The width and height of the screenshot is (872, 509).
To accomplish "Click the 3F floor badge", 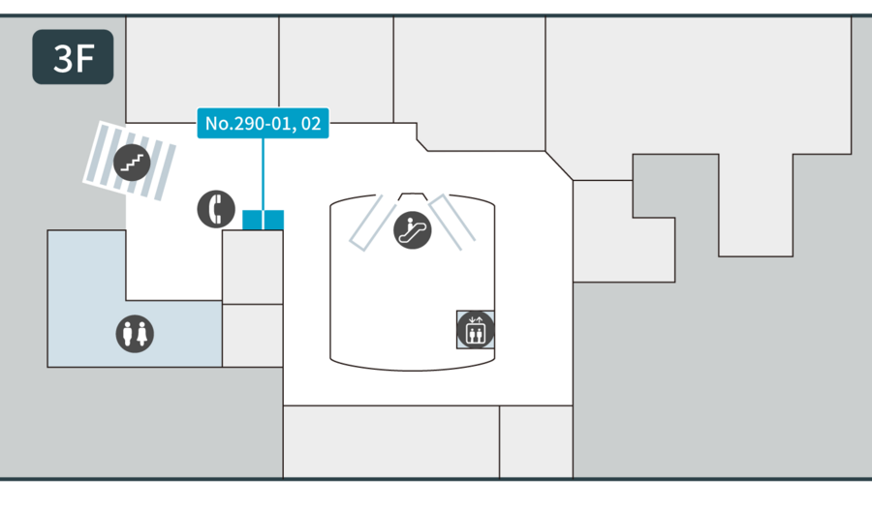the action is pyautogui.click(x=73, y=57).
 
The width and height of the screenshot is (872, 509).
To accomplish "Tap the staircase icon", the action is pyautogui.click(x=132, y=163).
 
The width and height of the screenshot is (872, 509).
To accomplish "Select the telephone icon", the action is pyautogui.click(x=216, y=209).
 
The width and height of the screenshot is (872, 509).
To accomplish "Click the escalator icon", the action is pyautogui.click(x=413, y=230).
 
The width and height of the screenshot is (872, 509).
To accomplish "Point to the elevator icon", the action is pyautogui.click(x=476, y=330).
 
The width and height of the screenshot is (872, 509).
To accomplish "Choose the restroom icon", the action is pyautogui.click(x=135, y=334).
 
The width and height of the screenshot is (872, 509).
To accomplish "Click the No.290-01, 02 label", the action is pyautogui.click(x=263, y=123).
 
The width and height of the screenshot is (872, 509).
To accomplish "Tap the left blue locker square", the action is pyautogui.click(x=252, y=220).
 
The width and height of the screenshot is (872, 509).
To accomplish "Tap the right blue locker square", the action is pyautogui.click(x=274, y=220).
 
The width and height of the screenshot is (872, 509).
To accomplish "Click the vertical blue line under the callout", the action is pyautogui.click(x=263, y=174).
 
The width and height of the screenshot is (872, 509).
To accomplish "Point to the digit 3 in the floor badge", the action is pyautogui.click(x=62, y=58).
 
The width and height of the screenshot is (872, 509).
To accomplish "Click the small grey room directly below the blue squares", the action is pyautogui.click(x=253, y=267).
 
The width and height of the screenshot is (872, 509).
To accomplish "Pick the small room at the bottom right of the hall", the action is pyautogui.click(x=536, y=441).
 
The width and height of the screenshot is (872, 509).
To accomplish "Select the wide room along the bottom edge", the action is pyautogui.click(x=391, y=441).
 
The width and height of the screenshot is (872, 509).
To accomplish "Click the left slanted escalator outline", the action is pyautogui.click(x=373, y=224).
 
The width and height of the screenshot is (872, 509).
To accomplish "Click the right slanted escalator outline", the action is pyautogui.click(x=452, y=223).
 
